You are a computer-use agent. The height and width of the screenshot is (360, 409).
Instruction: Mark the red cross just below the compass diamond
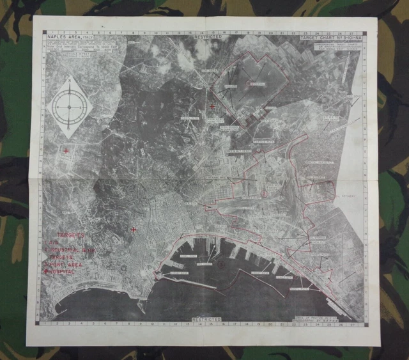[x=66, y=151]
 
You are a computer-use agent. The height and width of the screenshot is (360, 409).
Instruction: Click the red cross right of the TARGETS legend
[x=134, y=230]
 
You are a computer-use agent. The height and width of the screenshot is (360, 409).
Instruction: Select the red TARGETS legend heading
[x=72, y=235]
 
